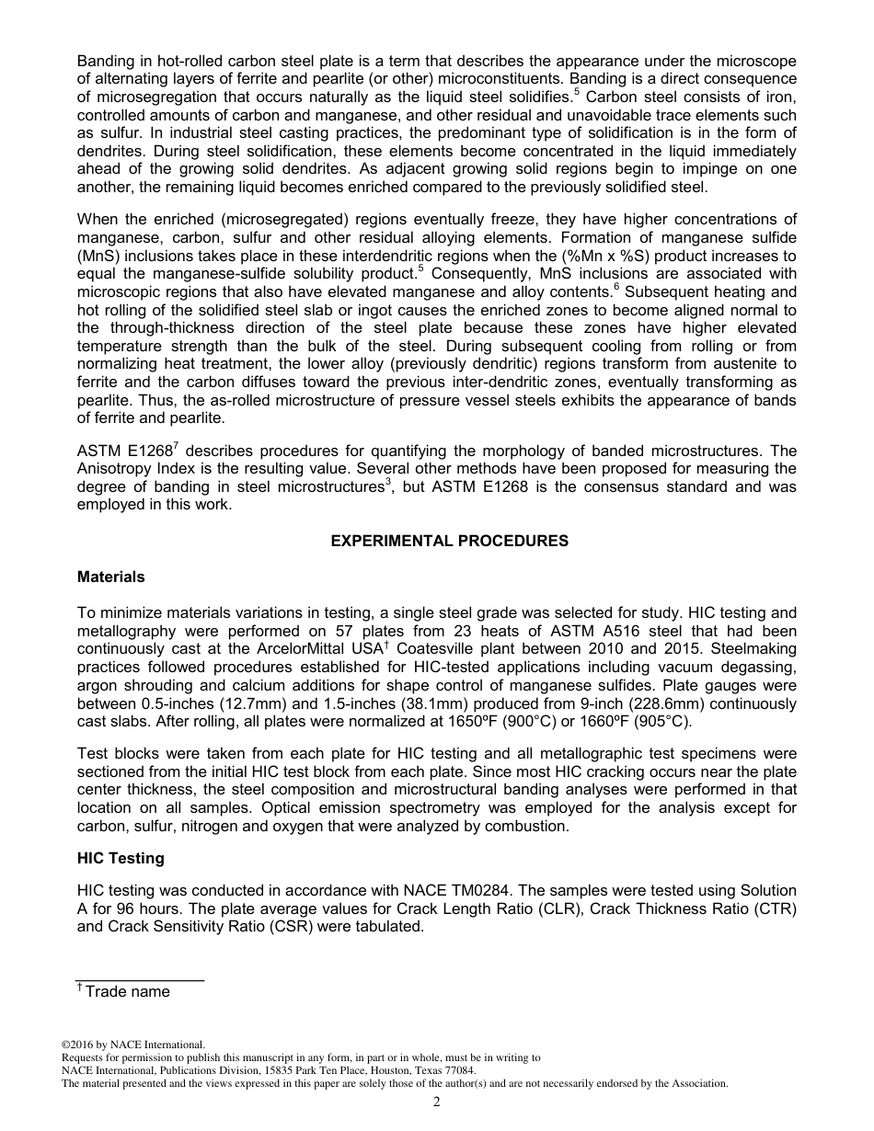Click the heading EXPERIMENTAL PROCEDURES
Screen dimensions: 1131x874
449,541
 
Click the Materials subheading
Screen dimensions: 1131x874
110,577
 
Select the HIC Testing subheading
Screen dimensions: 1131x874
121,858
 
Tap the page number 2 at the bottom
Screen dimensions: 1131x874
437,1102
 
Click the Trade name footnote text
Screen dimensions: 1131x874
127,991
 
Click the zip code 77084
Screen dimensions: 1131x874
460,1070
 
